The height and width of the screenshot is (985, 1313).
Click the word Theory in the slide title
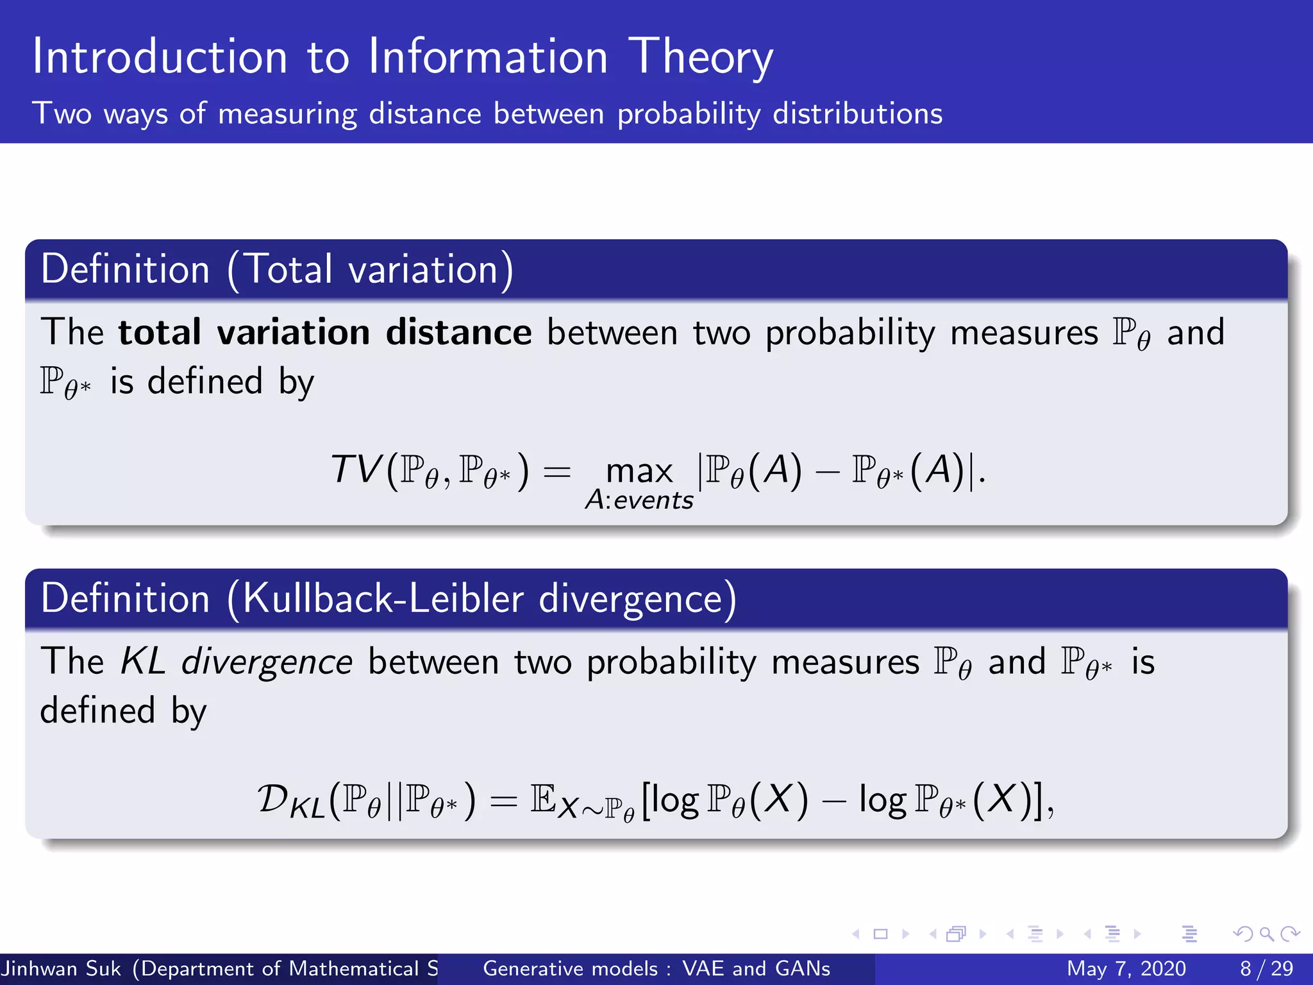(x=700, y=58)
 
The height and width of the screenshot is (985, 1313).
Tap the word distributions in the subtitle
(x=857, y=114)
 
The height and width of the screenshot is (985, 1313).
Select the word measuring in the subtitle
(x=287, y=114)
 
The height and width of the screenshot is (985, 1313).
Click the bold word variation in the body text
(x=293, y=332)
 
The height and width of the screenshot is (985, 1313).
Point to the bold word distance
(x=458, y=332)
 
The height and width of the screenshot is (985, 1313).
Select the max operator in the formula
(x=639, y=471)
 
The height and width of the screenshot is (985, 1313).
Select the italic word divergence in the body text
(x=267, y=662)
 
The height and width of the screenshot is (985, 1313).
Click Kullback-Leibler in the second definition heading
(x=383, y=598)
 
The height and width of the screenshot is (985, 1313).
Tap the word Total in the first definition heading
(x=289, y=269)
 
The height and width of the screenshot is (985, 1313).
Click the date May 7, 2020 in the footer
(x=1126, y=968)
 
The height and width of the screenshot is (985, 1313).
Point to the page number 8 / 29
(x=1267, y=968)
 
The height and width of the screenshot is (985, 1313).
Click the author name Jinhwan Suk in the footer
(x=61, y=968)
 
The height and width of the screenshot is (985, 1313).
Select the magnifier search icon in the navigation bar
(x=1266, y=934)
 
